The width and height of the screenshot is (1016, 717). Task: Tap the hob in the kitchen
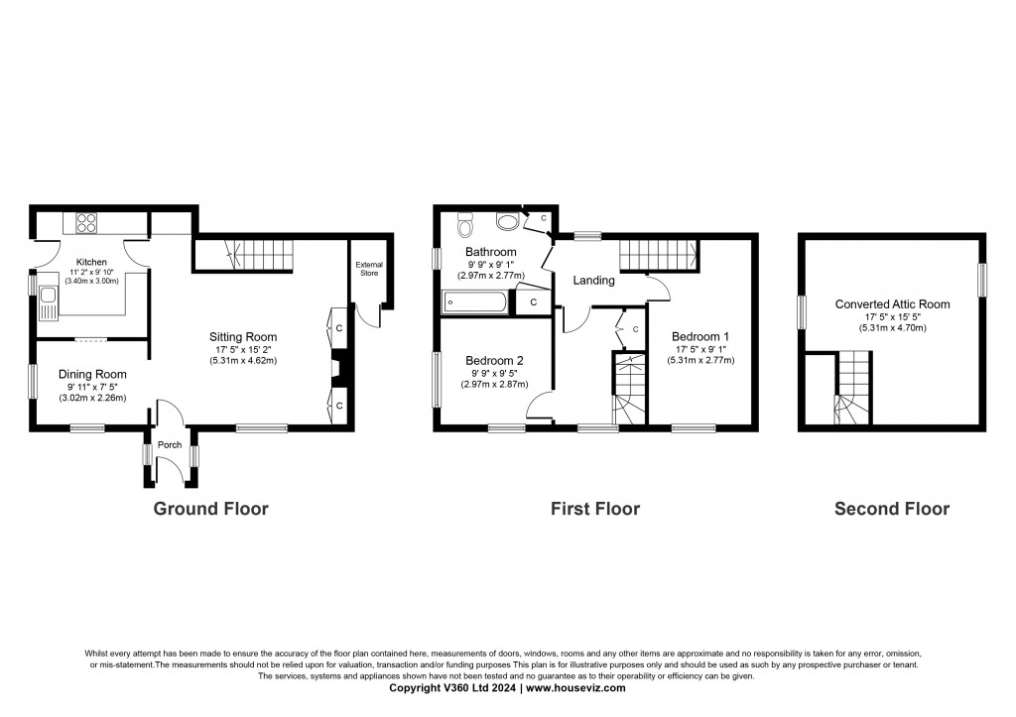coord(82,223)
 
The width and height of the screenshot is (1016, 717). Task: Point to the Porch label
coord(170,445)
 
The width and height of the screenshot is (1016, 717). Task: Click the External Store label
coord(369,269)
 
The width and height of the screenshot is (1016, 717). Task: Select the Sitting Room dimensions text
coord(242,355)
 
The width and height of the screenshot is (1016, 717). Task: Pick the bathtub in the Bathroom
coord(474,301)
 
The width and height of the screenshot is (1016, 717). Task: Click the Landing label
coord(593,281)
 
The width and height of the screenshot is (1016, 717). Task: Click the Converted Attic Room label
coord(892,304)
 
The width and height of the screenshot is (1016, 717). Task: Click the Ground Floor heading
coord(210,509)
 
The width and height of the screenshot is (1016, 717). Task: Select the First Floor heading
coord(595,509)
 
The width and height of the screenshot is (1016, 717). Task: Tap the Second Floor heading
coord(891,509)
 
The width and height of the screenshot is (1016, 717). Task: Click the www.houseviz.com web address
coord(574,687)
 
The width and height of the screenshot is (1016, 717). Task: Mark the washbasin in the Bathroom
coord(505,221)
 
